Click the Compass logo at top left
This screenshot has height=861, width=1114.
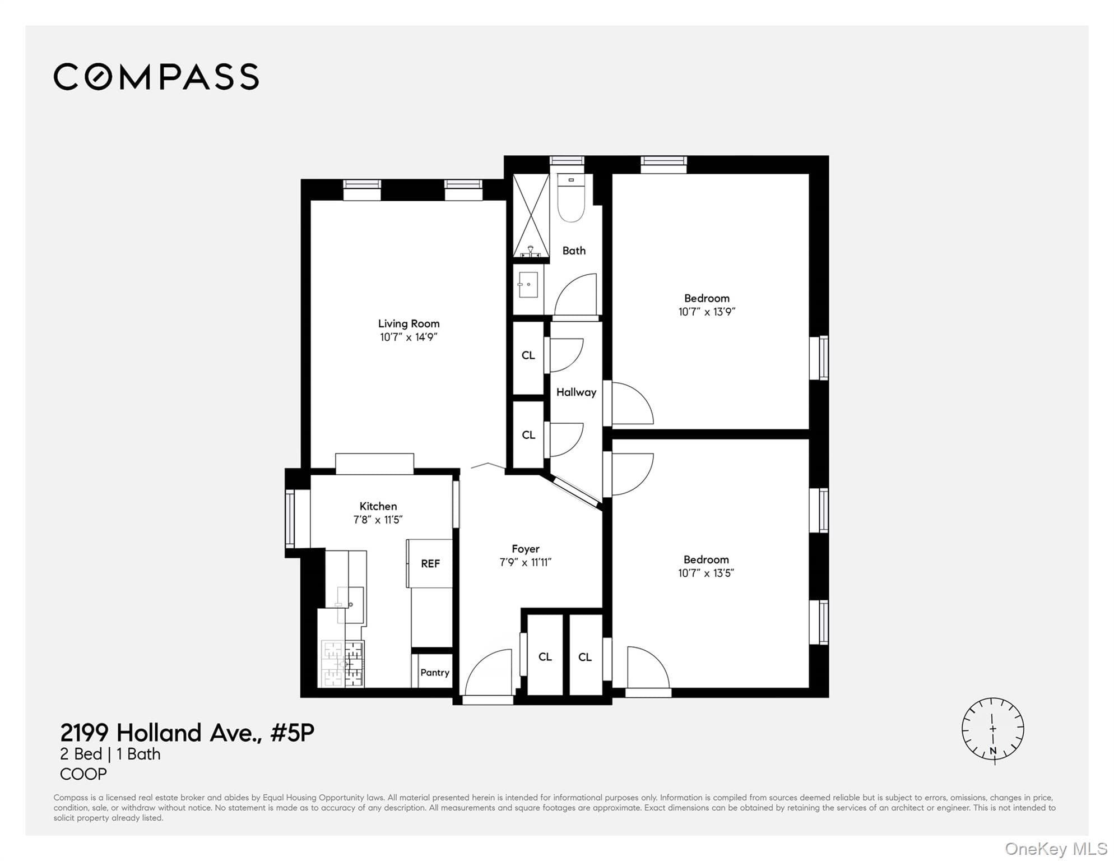point(156,77)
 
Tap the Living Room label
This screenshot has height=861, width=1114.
point(409,323)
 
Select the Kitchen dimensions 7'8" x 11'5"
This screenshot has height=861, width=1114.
point(378,520)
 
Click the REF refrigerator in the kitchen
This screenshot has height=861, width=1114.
point(430,563)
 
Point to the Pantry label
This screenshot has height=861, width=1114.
point(435,672)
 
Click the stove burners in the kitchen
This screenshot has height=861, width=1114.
point(342,664)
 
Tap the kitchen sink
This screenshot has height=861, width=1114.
point(350,605)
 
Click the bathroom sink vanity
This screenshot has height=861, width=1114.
point(528,289)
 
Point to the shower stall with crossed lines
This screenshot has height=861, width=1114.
point(531,215)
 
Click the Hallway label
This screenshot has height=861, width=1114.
point(576,392)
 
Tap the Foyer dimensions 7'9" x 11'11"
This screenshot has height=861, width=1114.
point(526,562)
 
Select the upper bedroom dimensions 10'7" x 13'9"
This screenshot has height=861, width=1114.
point(707,312)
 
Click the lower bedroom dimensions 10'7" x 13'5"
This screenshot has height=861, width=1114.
point(706,573)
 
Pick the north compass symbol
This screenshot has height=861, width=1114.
point(993,730)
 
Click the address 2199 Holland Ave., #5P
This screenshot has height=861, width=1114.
point(187,733)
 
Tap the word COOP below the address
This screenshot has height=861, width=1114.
point(83,774)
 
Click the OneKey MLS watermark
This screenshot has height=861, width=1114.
point(1056,849)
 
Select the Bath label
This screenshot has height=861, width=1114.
point(574,251)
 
